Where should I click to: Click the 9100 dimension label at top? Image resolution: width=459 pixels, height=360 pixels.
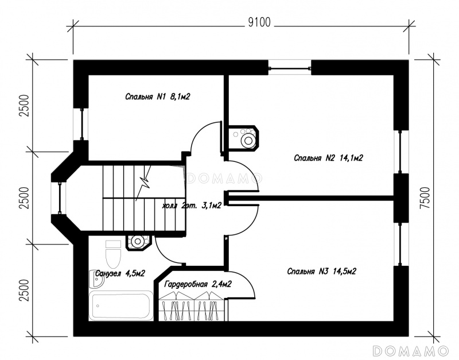(x=259, y=22)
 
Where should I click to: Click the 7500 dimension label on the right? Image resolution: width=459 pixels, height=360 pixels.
(x=425, y=198)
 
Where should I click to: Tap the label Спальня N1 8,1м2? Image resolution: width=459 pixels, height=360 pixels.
(x=157, y=96)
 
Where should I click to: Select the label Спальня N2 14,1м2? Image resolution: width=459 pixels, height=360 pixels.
(x=328, y=158)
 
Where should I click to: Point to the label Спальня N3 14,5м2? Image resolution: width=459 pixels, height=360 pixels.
(x=321, y=272)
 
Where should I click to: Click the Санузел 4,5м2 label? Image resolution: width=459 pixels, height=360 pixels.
(x=120, y=273)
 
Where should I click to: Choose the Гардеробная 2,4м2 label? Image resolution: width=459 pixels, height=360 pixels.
(x=198, y=284)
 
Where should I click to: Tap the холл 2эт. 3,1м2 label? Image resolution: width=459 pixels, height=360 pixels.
(x=192, y=206)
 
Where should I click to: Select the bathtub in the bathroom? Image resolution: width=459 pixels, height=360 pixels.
(x=121, y=305)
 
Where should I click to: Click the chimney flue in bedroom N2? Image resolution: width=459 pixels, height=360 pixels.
(x=243, y=138)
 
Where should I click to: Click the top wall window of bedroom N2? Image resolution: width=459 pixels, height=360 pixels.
(x=290, y=68)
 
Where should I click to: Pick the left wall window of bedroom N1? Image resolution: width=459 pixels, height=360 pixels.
(x=81, y=124)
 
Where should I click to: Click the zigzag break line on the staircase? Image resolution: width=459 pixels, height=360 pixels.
(x=145, y=183)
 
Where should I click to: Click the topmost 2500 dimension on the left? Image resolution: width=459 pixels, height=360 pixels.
(x=25, y=106)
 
